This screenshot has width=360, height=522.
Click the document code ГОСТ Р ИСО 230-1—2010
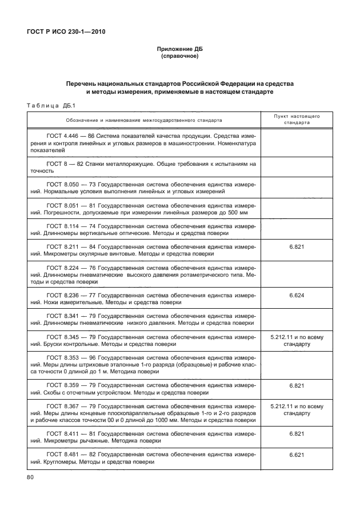pyautogui.click(x=66, y=31)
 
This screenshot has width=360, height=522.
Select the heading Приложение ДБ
pyautogui.click(x=179, y=49)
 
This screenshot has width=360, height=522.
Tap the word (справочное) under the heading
pyautogui.click(x=179, y=57)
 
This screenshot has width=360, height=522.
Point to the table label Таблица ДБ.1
pyautogui.click(x=51, y=105)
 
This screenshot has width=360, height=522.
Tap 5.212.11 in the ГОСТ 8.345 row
pyautogui.click(x=283, y=337)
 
